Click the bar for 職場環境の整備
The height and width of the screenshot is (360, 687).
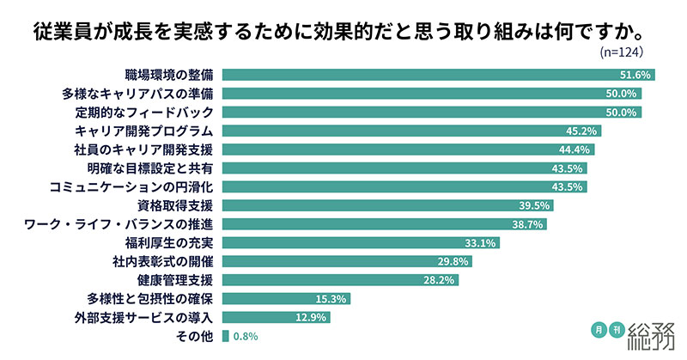point(429,75)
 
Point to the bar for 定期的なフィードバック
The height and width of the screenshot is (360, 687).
point(429,112)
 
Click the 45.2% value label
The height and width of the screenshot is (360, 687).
point(584,131)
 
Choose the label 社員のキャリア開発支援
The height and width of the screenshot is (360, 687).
point(149,149)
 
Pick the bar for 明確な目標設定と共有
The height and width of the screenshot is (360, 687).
point(395,168)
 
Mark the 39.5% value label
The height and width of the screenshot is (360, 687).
point(537,205)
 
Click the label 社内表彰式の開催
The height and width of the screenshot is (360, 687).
point(162,261)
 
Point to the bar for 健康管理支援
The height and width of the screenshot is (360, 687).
point(335,279)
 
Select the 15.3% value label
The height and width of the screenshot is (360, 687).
point(331,298)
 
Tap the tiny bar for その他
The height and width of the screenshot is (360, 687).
point(225,336)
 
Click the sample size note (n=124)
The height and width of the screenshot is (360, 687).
point(622,52)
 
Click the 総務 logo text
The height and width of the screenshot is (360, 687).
point(653,333)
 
